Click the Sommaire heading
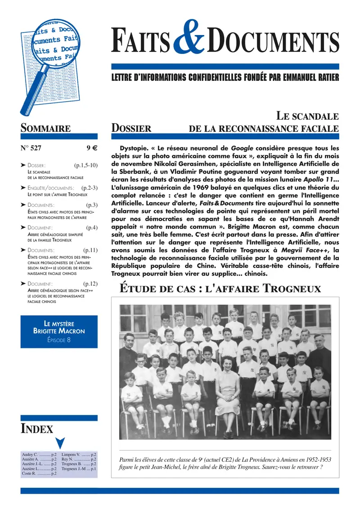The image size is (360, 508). (45, 129)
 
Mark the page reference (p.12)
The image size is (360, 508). (90, 284)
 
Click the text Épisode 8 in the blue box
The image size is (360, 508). (59, 340)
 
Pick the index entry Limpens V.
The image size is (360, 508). (71, 455)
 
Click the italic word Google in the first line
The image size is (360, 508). (242, 148)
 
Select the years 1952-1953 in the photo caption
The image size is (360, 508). (315, 460)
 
